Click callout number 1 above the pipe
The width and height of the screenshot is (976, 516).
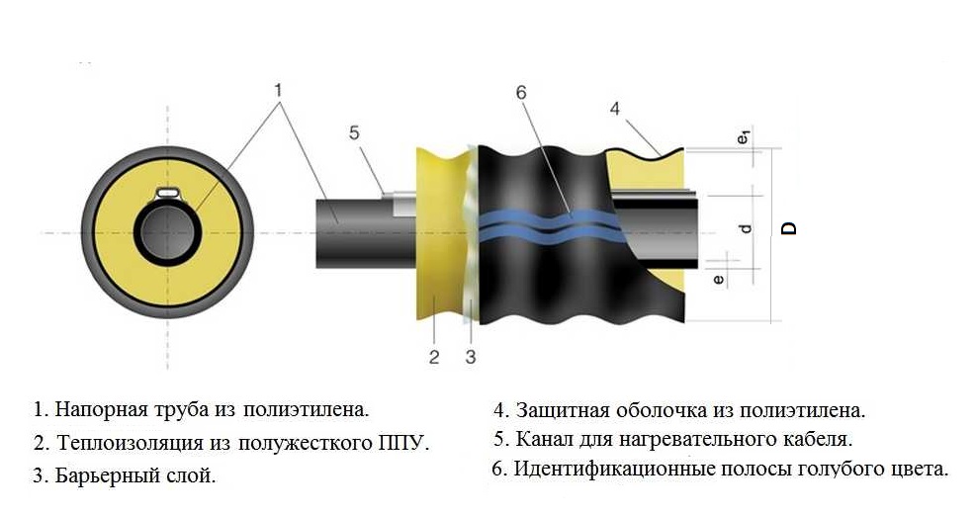point(279,90)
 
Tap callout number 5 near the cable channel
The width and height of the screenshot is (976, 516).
point(355,132)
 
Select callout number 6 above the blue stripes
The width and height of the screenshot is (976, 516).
point(521,94)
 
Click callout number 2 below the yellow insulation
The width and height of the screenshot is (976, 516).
point(433,357)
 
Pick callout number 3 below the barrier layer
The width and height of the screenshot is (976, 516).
point(471,357)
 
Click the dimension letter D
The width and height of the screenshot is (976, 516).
point(788,229)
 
